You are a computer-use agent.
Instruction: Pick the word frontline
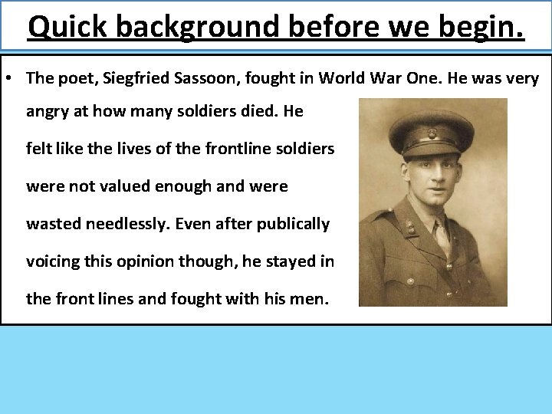tap(238, 149)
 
